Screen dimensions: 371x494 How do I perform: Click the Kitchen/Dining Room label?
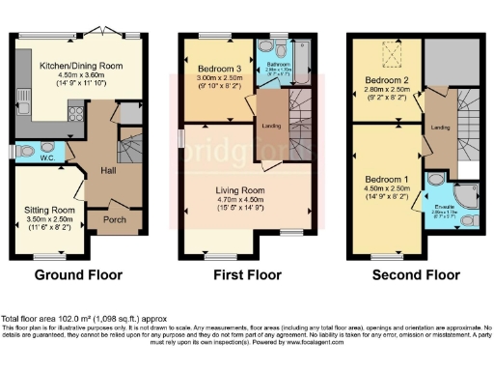pyautogui.click(x=82, y=66)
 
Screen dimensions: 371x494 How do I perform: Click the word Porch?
pyautogui.click(x=114, y=218)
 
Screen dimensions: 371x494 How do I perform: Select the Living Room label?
pyautogui.click(x=238, y=190)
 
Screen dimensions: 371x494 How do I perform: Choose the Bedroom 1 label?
pyautogui.click(x=385, y=181)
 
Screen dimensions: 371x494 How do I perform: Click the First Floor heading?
pyautogui.click(x=246, y=275)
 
